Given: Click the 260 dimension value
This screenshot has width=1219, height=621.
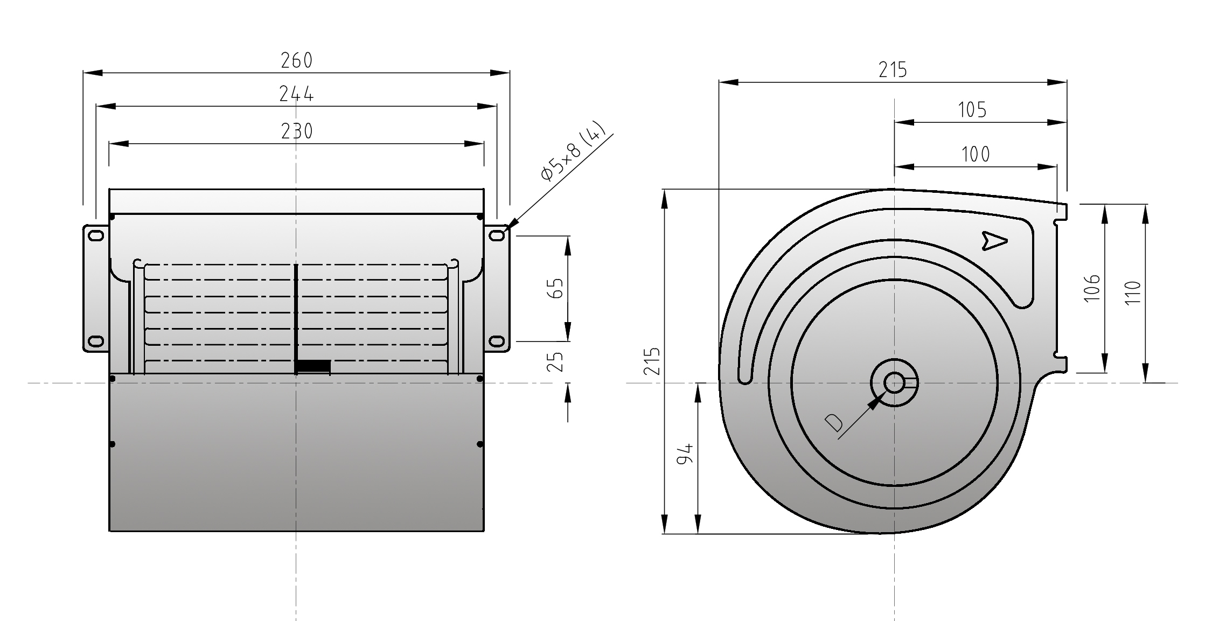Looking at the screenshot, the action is [x=297, y=60].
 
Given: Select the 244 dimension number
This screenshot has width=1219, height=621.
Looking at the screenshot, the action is [x=296, y=94].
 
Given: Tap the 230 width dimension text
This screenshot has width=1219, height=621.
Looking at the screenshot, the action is [x=297, y=131].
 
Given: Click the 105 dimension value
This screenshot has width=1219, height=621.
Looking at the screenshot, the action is [x=972, y=110].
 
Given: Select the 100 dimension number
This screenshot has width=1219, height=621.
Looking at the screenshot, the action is [x=976, y=155].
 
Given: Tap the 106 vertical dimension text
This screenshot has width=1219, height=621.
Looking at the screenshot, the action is [x=1092, y=288].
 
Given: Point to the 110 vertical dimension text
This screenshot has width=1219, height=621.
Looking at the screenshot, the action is [x=1133, y=292].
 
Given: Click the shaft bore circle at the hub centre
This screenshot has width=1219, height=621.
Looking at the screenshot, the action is [x=894, y=383].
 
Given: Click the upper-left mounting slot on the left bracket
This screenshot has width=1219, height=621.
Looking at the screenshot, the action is [x=96, y=235].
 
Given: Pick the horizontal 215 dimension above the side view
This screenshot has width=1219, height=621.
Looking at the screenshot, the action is [x=893, y=70].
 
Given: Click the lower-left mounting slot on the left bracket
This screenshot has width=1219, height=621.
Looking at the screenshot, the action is [x=96, y=341].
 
